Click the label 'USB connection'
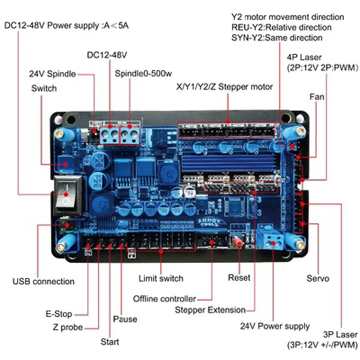(x=43, y=282)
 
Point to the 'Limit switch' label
(x=161, y=279)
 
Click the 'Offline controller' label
(x=164, y=299)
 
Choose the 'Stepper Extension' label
(x=210, y=310)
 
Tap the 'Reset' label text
(x=239, y=278)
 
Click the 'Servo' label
(x=318, y=279)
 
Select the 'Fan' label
(x=317, y=97)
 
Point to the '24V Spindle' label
(x=52, y=74)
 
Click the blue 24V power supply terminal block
(x=272, y=237)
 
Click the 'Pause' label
(x=125, y=319)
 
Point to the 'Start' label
(x=110, y=342)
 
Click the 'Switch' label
(x=44, y=88)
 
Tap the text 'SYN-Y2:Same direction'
(x=277, y=38)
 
